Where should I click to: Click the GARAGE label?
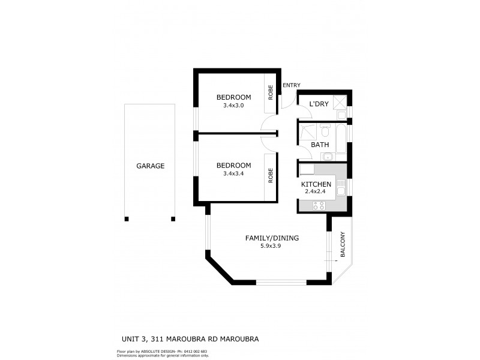pos(150,166)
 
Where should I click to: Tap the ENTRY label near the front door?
pos(291,85)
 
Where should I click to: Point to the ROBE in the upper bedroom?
pos(271,92)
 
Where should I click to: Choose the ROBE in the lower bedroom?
pos(271,175)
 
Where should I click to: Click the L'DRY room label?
pos(319,104)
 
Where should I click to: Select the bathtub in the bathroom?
pos(341,139)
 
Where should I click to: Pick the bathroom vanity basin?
pos(329,157)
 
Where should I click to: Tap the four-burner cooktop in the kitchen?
pos(319,205)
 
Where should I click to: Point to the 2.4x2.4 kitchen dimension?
pos(316,191)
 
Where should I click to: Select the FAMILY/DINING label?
pos(272,238)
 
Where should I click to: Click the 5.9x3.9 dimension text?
pos(271,246)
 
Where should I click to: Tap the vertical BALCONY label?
pos(343,245)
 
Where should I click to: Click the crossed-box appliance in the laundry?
pos(340,101)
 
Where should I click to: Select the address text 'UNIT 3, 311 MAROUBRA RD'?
pos(170,339)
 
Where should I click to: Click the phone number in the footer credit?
pos(194,352)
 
